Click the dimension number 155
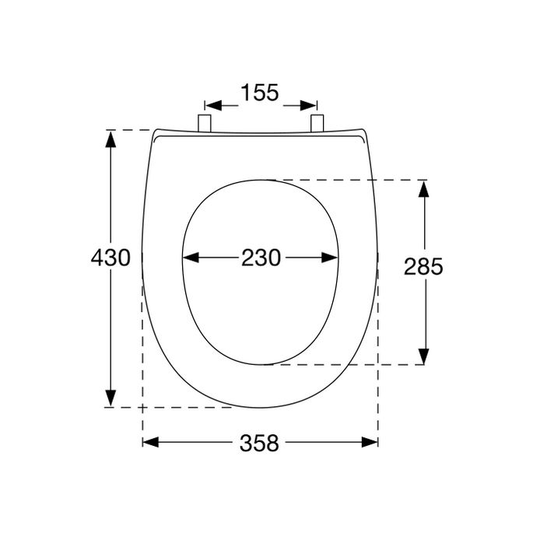click(x=260, y=93)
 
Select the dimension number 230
click(x=260, y=258)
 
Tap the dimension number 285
click(x=423, y=267)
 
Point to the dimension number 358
click(x=259, y=443)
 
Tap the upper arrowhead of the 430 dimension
click(x=111, y=139)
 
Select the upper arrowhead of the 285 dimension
click(x=423, y=189)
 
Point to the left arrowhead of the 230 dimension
click(x=191, y=258)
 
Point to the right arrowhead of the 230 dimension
click(x=330, y=258)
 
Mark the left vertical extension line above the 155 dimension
click(x=205, y=107)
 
